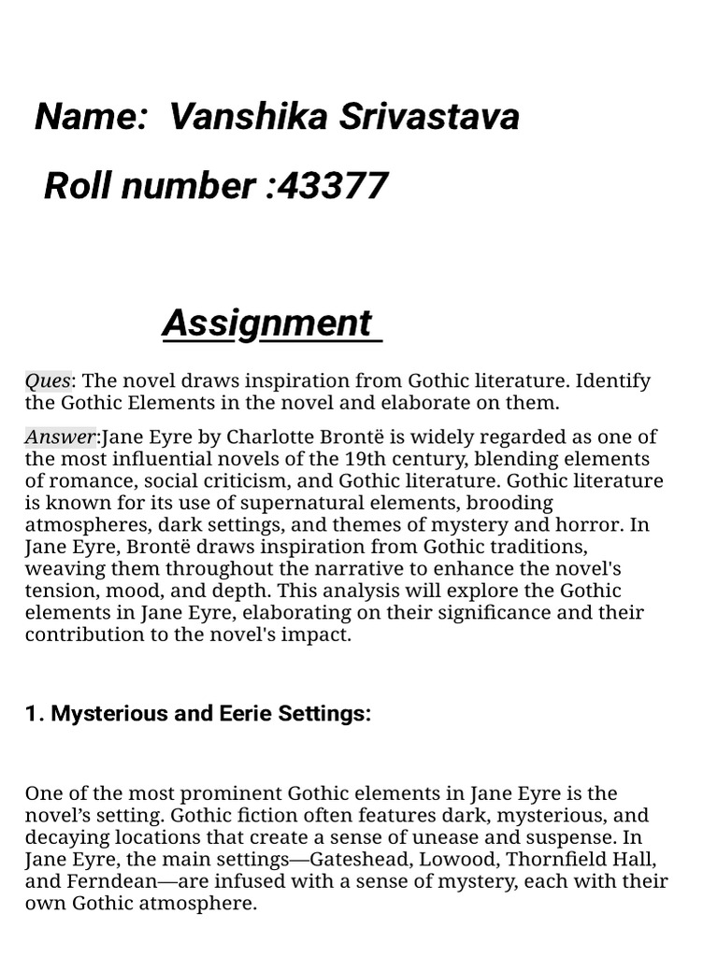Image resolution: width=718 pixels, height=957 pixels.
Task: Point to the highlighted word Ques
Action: pyautogui.click(x=48, y=381)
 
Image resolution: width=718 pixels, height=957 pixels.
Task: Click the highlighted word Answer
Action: pyautogui.click(x=60, y=436)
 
